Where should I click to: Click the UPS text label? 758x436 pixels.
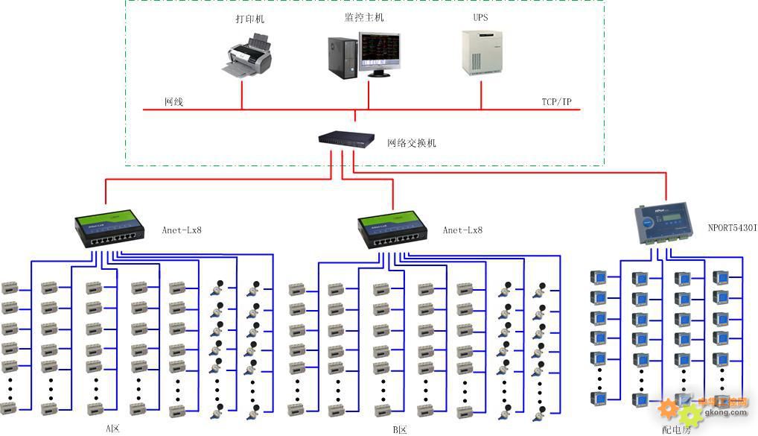click(480, 17)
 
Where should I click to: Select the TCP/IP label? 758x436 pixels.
click(557, 102)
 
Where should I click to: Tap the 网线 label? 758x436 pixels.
click(173, 102)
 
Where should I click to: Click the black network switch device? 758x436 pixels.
click(346, 139)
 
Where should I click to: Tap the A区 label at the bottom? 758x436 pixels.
click(112, 429)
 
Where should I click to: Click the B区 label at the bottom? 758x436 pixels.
click(401, 430)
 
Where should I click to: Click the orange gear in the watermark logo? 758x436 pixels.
click(668, 408)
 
